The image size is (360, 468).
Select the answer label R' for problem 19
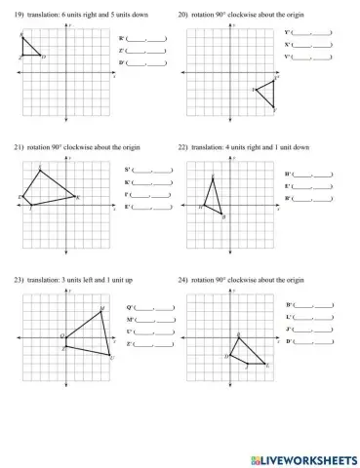coord(121,37)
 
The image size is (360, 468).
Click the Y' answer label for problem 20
coord(288,32)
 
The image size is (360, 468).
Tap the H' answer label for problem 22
coord(288,174)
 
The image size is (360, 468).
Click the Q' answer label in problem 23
coord(130,307)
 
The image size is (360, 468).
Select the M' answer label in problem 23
coord(130,320)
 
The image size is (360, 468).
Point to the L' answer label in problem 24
coord(290,318)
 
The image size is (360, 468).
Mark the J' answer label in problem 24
coord(290,330)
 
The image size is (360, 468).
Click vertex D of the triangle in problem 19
coord(41,56)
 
